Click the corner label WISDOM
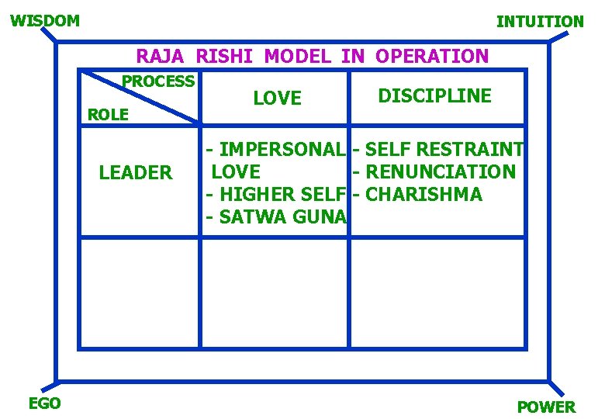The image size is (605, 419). coord(45,21)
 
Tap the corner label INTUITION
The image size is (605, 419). coord(540,22)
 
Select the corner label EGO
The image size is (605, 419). coord(44,403)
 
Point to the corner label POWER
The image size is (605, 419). coord(546,407)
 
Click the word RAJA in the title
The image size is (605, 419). coord(161,56)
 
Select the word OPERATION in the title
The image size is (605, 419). coord(432,56)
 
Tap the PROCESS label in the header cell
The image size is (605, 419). coord(158,81)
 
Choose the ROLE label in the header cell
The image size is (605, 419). coord(109,115)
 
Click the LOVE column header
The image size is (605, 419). coord(277,98)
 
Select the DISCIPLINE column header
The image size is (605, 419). coord(434,95)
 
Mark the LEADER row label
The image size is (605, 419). coord(136,172)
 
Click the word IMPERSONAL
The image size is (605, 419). coord(282,148)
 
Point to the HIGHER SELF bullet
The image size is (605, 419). coord(275,194)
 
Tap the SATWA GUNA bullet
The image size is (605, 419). coord(275,217)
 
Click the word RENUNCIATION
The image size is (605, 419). coord(440,171)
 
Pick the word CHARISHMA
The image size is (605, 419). coord(423,194)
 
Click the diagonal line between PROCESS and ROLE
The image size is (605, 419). coord(141,97)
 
